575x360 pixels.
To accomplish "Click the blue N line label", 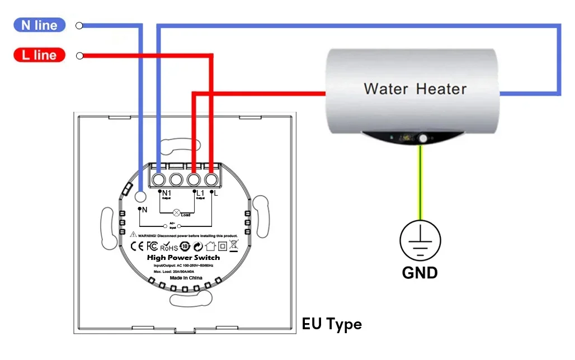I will (x=39, y=25).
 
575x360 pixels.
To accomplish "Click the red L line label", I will (x=39, y=55).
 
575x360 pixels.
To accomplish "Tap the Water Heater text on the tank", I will (x=414, y=89).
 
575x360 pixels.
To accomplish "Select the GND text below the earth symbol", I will (x=420, y=273).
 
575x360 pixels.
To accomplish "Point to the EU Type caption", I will (x=332, y=324).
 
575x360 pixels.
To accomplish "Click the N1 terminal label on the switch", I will (x=167, y=193).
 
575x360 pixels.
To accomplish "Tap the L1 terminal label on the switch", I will (x=201, y=193).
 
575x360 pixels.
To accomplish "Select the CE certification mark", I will (x=138, y=246).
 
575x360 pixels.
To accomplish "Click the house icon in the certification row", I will (x=210, y=246).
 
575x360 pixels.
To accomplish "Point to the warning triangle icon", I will (x=134, y=235).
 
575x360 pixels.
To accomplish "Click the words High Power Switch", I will (x=183, y=257).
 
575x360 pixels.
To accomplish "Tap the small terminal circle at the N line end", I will (x=79, y=25).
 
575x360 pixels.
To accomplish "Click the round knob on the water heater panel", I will (x=423, y=138).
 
